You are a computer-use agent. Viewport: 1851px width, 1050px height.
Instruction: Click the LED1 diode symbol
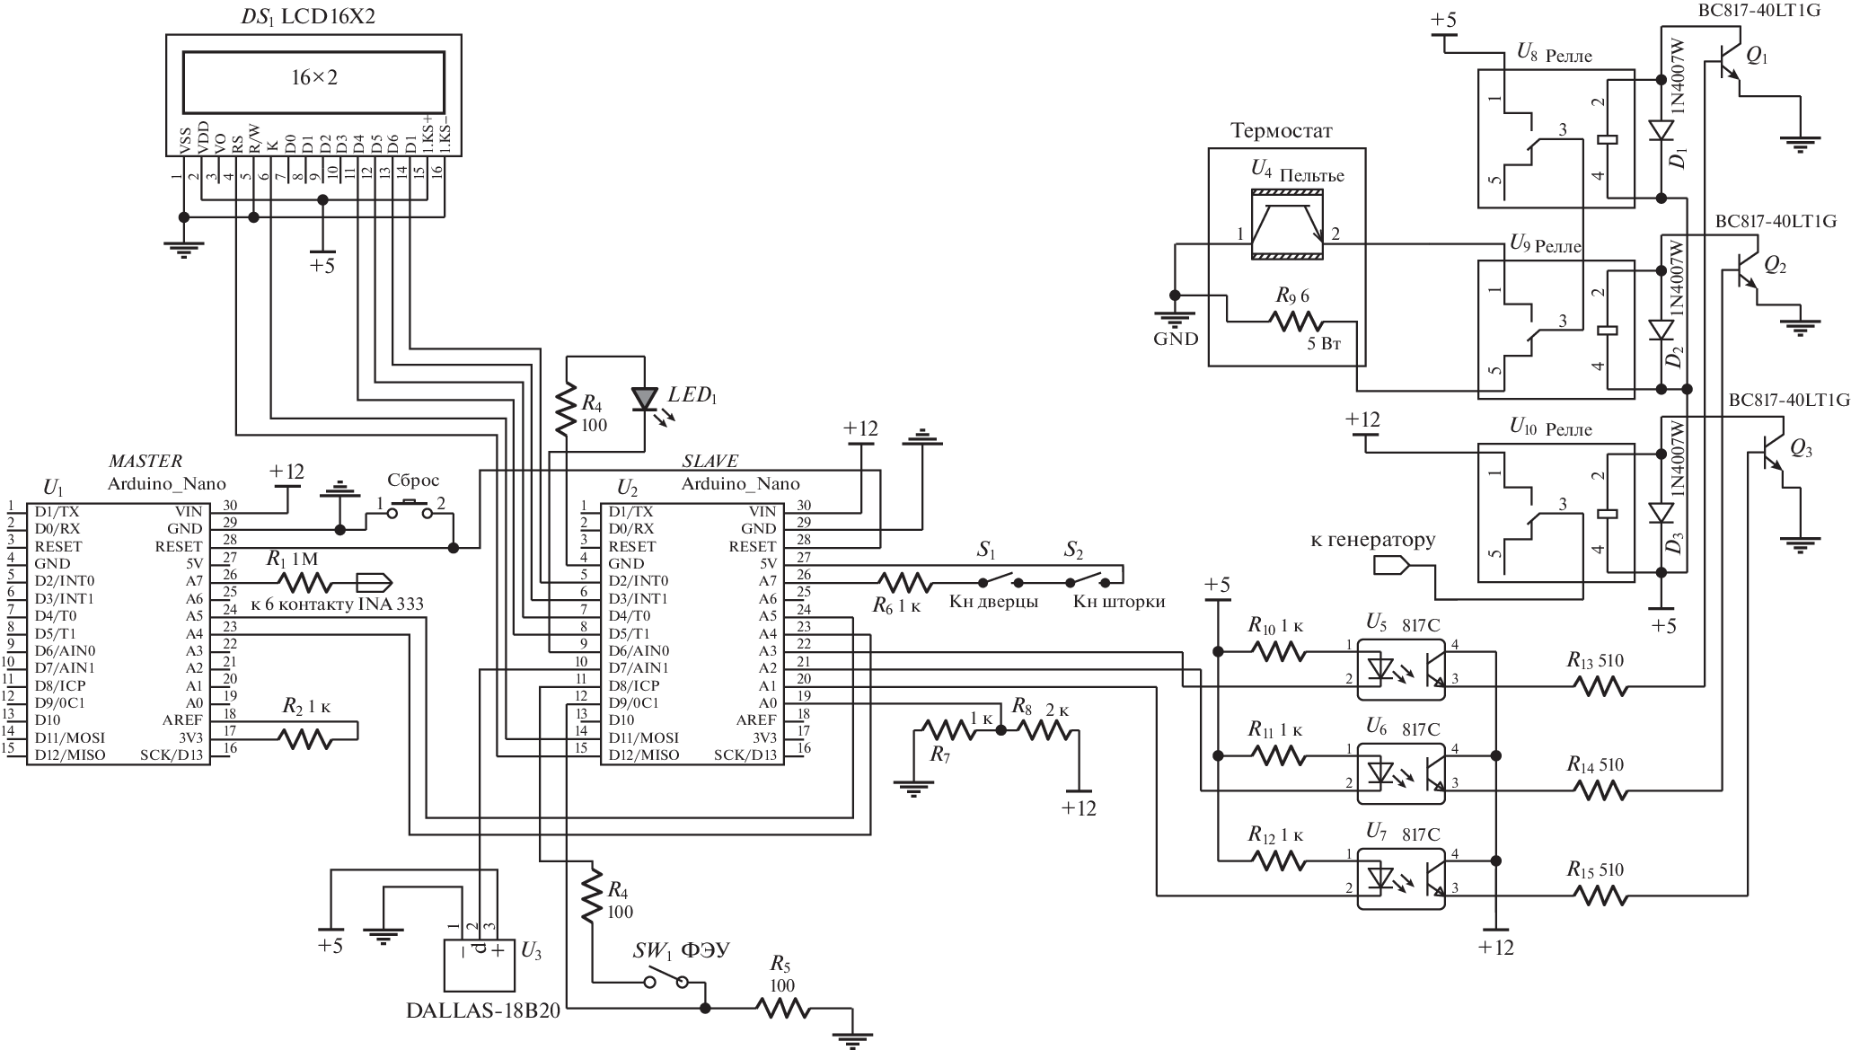tap(645, 397)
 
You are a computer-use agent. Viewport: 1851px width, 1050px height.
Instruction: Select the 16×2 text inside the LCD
tap(313, 78)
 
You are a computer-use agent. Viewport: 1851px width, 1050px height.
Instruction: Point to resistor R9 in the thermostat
tap(1295, 321)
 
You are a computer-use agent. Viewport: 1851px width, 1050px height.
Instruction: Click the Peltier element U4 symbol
tap(1287, 225)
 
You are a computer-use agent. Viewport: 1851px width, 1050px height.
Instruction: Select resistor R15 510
tap(1600, 896)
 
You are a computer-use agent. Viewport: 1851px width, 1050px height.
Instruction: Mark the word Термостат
tap(1281, 131)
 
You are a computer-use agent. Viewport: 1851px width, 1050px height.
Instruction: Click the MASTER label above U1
tap(145, 462)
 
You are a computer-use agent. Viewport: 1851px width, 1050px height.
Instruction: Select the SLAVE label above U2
tap(710, 462)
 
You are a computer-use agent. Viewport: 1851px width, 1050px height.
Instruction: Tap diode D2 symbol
tap(1661, 330)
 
